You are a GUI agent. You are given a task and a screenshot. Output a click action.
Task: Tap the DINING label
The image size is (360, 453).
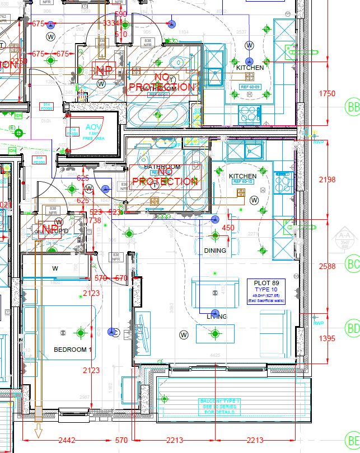coord(215,251)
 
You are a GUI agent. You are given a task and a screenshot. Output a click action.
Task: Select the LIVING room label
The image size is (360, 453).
coord(217,317)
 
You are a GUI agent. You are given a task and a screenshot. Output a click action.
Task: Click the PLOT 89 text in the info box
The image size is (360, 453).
coord(266,283)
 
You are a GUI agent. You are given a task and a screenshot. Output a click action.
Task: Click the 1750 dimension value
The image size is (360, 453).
coord(327,93)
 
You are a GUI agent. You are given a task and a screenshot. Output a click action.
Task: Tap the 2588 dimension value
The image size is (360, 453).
coord(327,266)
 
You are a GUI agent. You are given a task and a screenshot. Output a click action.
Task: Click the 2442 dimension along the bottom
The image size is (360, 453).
coord(67,440)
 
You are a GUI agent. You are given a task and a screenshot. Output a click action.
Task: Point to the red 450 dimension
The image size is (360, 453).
coord(228,228)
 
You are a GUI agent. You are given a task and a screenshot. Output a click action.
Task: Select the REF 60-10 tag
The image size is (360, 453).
coord(243,182)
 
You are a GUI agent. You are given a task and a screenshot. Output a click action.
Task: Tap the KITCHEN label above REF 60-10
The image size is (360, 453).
coord(243,176)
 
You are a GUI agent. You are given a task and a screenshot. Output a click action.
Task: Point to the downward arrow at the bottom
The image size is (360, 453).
coord(39,431)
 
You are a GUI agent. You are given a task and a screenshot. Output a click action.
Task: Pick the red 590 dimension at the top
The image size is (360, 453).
coord(120,14)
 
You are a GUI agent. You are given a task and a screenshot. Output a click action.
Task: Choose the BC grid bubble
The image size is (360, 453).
coord(353,264)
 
